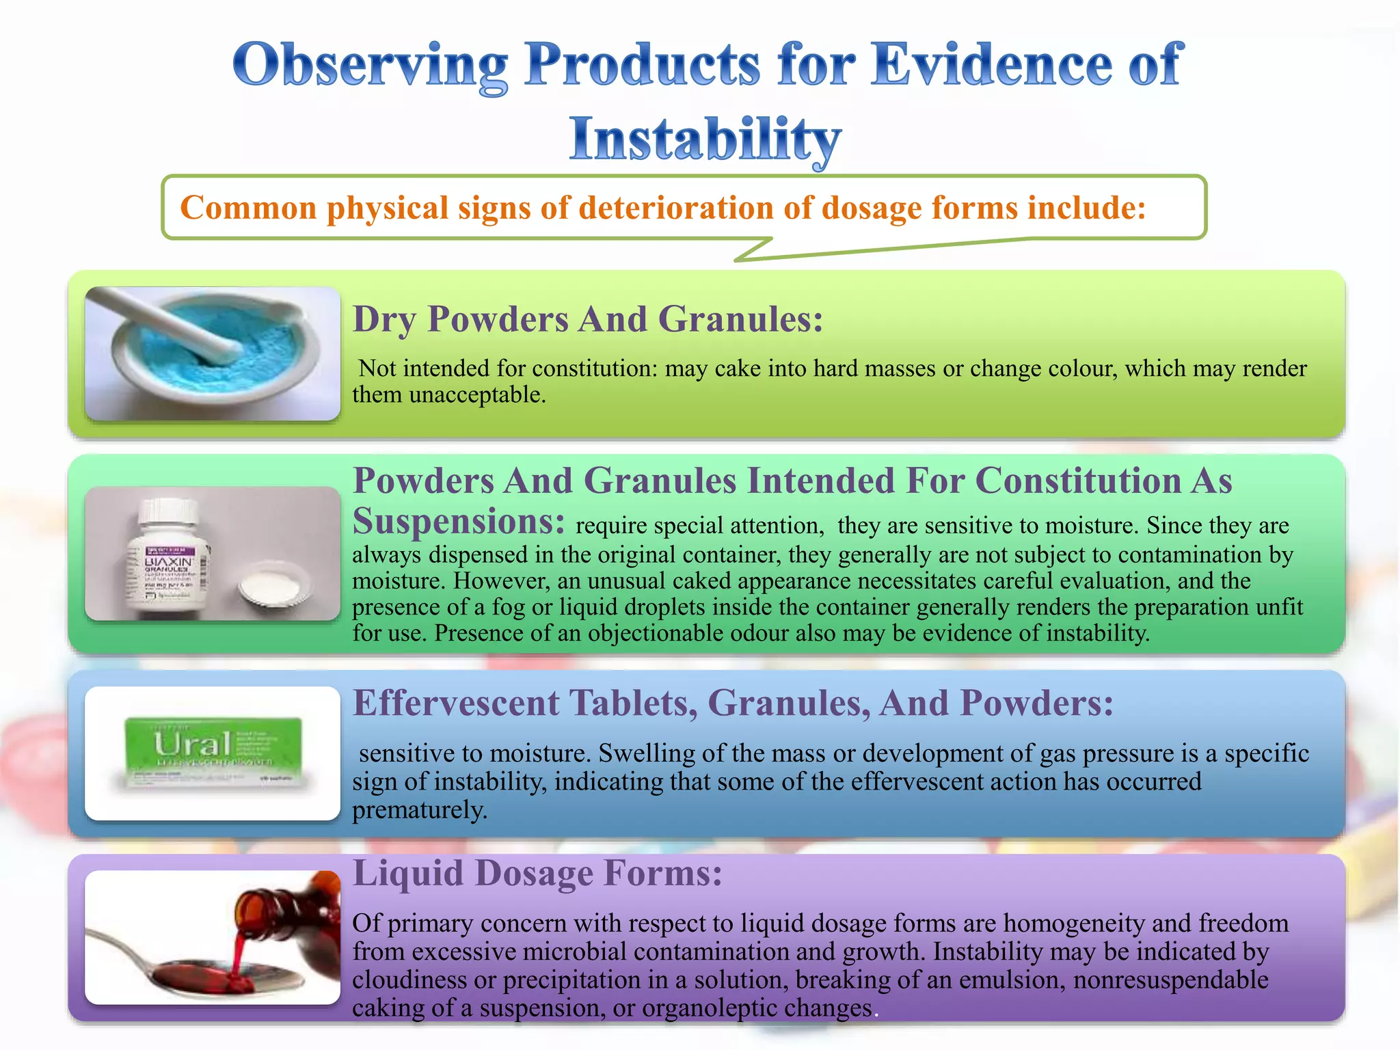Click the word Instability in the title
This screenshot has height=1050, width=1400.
tap(705, 139)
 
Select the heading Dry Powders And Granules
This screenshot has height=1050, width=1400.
tap(588, 319)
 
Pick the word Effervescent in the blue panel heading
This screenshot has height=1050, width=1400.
tap(455, 703)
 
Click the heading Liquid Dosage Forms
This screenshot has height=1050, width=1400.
tap(537, 874)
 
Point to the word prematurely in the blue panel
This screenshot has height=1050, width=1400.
tap(419, 811)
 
